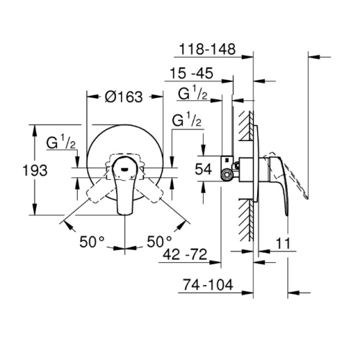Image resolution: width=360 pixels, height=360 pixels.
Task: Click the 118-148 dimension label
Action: tap(207, 49)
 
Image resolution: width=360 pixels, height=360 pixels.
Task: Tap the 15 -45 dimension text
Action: tap(192, 73)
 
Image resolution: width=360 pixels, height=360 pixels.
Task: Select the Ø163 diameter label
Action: tap(124, 96)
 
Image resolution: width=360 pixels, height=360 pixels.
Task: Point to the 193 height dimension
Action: tap(35, 171)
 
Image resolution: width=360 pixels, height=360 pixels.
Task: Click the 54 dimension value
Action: tap(203, 168)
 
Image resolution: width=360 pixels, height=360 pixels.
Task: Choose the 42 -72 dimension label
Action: tap(185, 254)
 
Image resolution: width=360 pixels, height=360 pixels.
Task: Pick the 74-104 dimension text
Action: tap(208, 285)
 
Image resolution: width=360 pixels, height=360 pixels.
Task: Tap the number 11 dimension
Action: tap(283, 243)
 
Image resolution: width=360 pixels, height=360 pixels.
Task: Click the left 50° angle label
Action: tap(92, 241)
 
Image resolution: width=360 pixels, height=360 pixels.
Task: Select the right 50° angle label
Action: tap(160, 241)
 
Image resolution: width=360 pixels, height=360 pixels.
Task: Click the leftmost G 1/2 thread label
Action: tap(61, 142)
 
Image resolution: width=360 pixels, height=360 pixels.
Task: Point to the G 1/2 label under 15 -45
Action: tap(192, 93)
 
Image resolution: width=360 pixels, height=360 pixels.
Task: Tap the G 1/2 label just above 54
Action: tap(186, 120)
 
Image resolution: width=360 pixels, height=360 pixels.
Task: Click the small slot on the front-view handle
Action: tap(125, 169)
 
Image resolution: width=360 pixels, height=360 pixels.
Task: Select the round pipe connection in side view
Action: tap(226, 175)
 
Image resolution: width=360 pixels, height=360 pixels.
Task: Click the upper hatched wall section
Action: tap(246, 126)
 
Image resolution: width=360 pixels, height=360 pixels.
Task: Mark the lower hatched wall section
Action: tap(246, 220)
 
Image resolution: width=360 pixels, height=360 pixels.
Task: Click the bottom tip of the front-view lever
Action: tap(125, 214)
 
